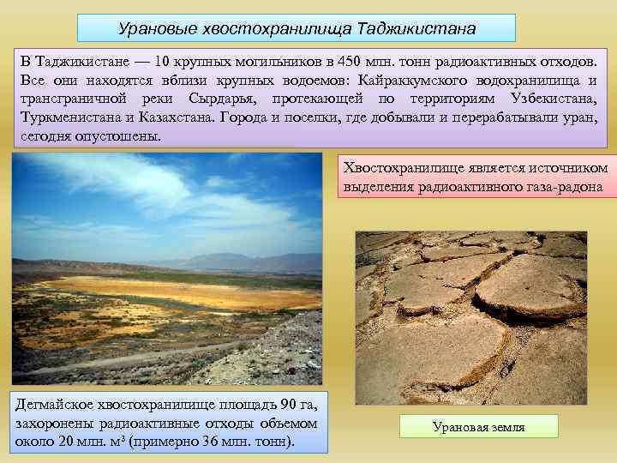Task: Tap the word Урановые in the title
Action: (155, 28)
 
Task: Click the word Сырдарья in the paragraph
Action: (222, 99)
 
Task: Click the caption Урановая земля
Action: (479, 427)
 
